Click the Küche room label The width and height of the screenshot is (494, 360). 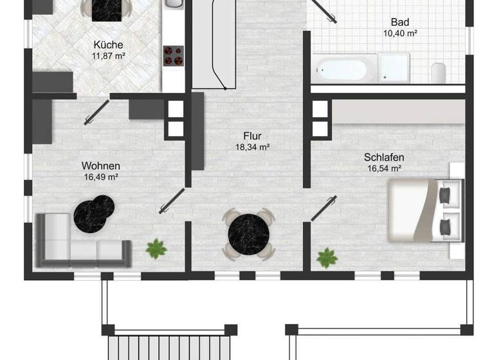pyautogui.click(x=108, y=45)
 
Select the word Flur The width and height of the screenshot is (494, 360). pyautogui.click(x=252, y=136)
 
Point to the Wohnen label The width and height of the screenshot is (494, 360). pyautogui.click(x=101, y=166)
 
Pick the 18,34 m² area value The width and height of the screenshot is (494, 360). pyautogui.click(x=252, y=147)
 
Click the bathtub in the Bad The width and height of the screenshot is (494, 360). pyautogui.click(x=344, y=67)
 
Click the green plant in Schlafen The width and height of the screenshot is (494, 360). pyautogui.click(x=327, y=257)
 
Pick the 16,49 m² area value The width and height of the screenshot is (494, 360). pyautogui.click(x=100, y=177)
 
